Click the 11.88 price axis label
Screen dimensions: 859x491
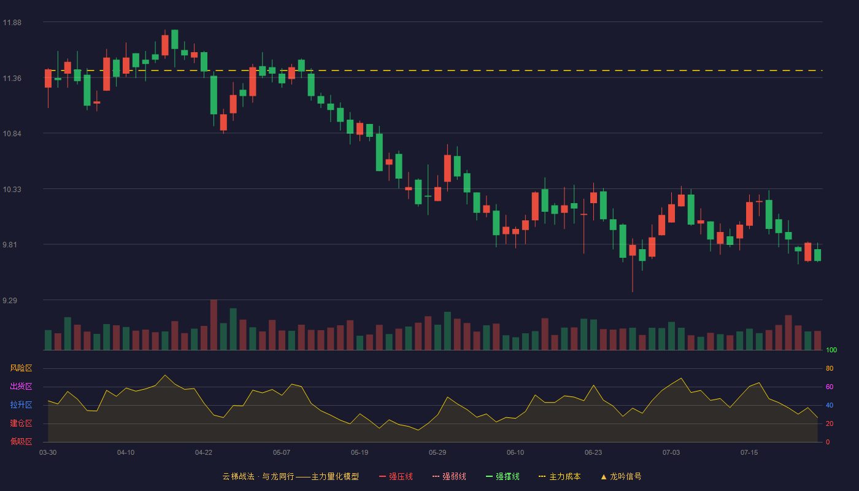(x=12, y=23)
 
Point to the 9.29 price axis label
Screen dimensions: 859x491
(x=10, y=300)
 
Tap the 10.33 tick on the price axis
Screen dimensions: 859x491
(x=12, y=190)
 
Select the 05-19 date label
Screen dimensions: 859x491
(x=360, y=453)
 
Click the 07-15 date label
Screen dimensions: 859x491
(x=749, y=453)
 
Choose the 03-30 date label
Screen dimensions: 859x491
(x=48, y=453)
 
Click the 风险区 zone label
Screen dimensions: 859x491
(x=21, y=368)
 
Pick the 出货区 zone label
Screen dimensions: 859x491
(x=21, y=386)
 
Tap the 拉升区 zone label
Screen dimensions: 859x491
(x=21, y=404)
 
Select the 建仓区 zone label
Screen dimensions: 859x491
(x=21, y=423)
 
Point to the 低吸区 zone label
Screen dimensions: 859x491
(x=21, y=441)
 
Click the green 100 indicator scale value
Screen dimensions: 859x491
(x=831, y=350)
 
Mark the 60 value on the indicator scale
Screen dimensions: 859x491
(x=830, y=387)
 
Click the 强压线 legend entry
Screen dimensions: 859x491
(x=396, y=476)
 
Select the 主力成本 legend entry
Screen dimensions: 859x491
(x=560, y=476)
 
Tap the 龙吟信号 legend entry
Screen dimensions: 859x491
(x=621, y=476)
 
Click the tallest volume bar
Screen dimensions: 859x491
(x=214, y=325)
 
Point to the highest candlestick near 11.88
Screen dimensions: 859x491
(x=174, y=39)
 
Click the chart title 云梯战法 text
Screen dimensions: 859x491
(x=238, y=476)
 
